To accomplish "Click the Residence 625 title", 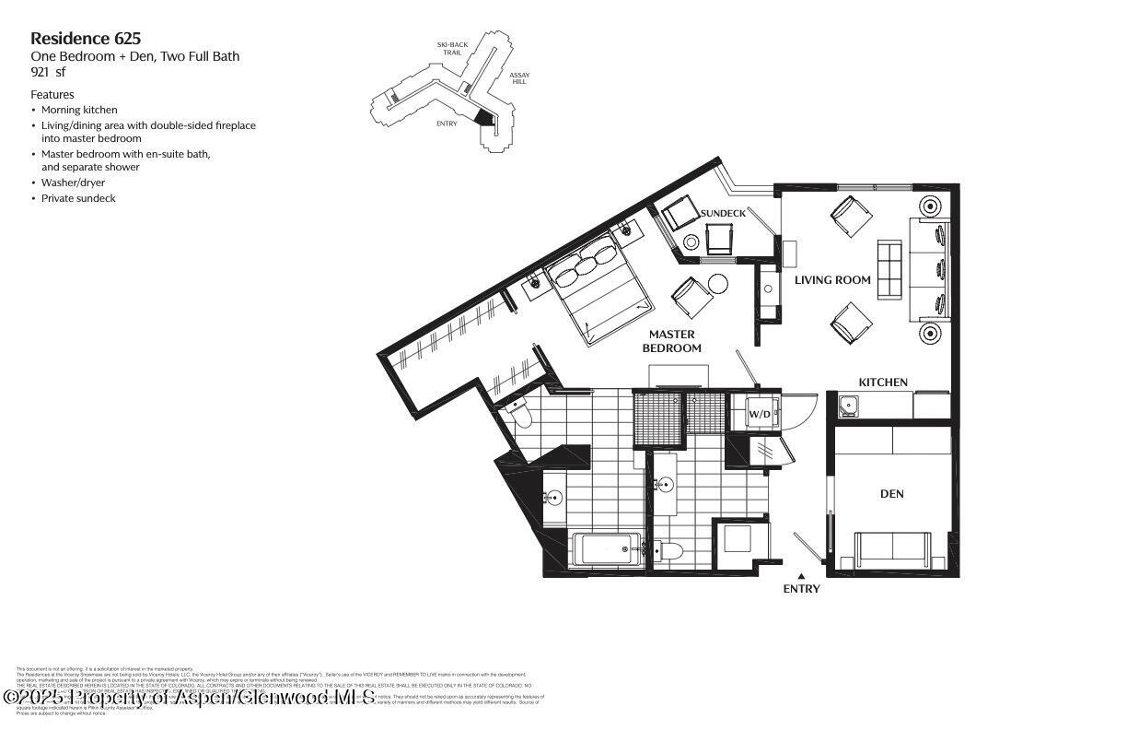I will tap(86, 39).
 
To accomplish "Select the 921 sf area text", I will tap(49, 72).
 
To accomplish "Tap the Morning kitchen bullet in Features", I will tap(79, 110).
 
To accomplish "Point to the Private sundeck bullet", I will tap(78, 198).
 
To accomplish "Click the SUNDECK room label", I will tap(723, 214).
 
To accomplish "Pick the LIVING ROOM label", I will tap(833, 280).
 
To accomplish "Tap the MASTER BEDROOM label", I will tap(671, 341).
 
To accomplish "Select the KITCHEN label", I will tap(883, 383).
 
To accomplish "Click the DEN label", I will tap(891, 494).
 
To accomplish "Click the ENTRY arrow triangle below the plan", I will tap(801, 577).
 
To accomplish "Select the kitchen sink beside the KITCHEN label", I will tap(847, 404).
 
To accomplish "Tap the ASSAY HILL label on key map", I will tap(519, 78).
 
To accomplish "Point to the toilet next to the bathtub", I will tap(670, 551).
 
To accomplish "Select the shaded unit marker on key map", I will tap(482, 117).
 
